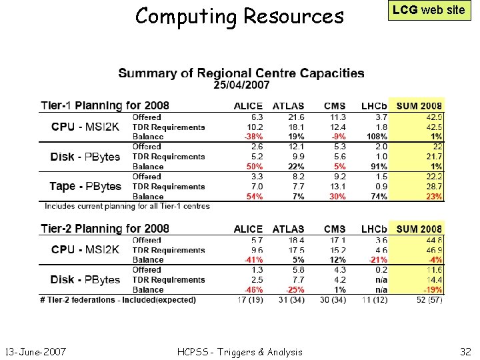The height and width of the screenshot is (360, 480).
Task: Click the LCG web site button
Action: tap(429, 9)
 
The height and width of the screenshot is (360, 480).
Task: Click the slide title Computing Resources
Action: tap(239, 15)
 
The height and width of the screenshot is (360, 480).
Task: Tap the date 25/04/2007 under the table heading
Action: tap(241, 85)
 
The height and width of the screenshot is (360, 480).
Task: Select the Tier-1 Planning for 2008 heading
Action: tap(105, 105)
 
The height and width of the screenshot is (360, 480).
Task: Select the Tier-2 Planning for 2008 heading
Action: tap(105, 229)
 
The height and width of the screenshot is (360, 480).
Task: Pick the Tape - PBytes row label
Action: tap(85, 187)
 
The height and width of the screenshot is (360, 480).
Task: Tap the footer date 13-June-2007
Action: tap(35, 351)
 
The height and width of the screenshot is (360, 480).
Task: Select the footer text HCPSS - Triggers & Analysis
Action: tap(239, 351)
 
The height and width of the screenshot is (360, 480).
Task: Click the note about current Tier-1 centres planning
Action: tap(127, 206)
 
